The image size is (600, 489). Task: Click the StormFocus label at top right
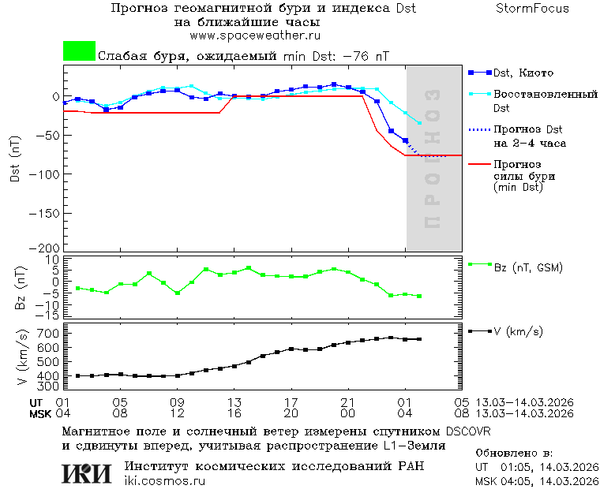(x=532, y=9)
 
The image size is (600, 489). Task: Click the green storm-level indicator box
(x=79, y=51)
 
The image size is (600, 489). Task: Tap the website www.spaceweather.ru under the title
(x=254, y=35)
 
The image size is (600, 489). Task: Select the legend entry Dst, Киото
(x=522, y=73)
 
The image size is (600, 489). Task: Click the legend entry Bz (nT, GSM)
(x=528, y=267)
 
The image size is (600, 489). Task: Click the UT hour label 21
(x=348, y=402)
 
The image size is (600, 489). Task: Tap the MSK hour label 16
(x=234, y=413)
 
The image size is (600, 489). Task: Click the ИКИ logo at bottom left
(x=88, y=473)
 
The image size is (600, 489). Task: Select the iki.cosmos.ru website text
(x=165, y=481)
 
